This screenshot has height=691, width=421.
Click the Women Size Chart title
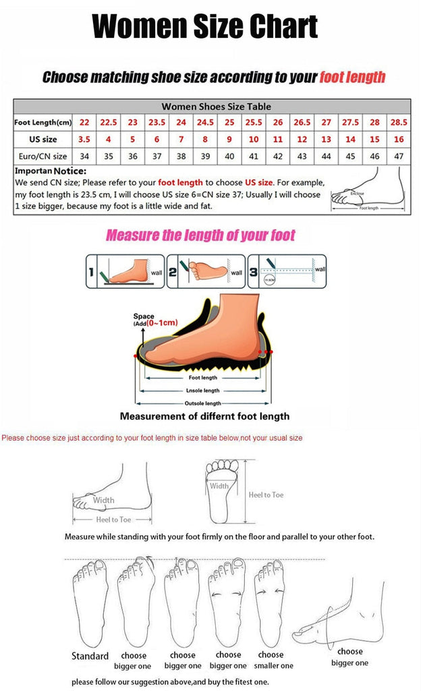[204, 27]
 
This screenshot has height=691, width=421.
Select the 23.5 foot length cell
[157, 123]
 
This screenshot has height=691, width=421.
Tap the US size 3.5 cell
[85, 140]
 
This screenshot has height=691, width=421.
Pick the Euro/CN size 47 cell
[398, 156]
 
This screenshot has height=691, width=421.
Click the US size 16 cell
[398, 140]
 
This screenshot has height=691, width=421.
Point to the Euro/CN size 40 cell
[229, 156]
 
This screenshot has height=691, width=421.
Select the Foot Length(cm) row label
[43, 123]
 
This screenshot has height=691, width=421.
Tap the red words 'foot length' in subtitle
[352, 76]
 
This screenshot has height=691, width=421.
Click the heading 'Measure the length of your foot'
[200, 236]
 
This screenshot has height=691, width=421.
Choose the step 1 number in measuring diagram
[90, 272]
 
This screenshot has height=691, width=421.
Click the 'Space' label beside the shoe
[143, 316]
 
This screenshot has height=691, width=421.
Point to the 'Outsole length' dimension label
[203, 403]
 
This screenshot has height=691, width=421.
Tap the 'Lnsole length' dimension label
[202, 391]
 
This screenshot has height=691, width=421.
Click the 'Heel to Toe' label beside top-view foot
[266, 495]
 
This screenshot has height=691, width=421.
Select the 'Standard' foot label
[90, 656]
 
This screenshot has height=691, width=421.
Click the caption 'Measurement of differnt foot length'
[204, 416]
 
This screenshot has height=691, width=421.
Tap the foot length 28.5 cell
[398, 123]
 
